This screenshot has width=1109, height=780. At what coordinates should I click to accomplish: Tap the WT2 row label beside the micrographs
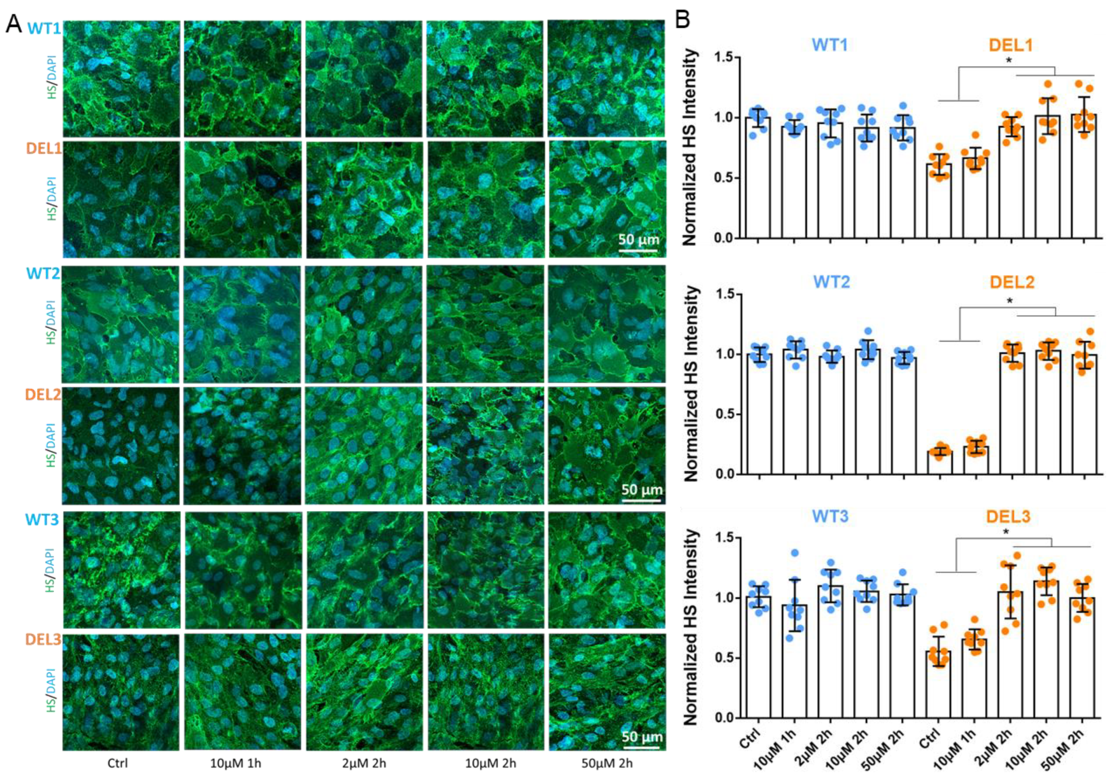coord(43,273)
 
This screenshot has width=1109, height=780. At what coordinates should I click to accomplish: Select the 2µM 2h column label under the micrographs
coord(363,763)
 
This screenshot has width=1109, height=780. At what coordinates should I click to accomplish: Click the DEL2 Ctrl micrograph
coord(121,445)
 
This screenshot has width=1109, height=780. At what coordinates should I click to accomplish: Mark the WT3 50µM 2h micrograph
coord(607,570)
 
